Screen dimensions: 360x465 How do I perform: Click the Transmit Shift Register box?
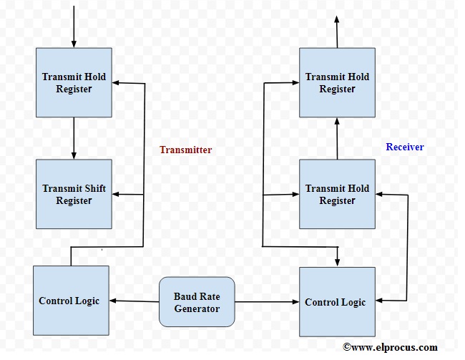[x=74, y=195]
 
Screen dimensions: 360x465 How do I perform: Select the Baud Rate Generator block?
[x=196, y=301]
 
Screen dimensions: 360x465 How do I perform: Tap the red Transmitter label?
[x=185, y=150]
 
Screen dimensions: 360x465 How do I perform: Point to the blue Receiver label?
[x=405, y=147]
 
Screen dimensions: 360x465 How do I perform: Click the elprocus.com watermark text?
[x=390, y=347]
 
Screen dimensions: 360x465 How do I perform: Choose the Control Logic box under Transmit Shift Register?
[x=71, y=301]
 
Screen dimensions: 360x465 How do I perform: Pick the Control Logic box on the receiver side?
[x=336, y=302]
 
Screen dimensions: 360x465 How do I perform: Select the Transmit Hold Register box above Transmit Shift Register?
[x=74, y=83]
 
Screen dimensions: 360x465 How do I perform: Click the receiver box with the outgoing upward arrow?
[x=336, y=83]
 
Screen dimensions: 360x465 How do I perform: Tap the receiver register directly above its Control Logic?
[x=336, y=194]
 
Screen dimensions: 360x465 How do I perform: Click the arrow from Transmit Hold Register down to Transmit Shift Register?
[x=74, y=139]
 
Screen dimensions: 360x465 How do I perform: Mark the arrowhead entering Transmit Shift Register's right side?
[x=117, y=195]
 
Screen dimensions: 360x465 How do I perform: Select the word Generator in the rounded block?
[x=197, y=308]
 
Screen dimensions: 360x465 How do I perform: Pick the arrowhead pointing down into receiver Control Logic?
[x=336, y=261]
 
